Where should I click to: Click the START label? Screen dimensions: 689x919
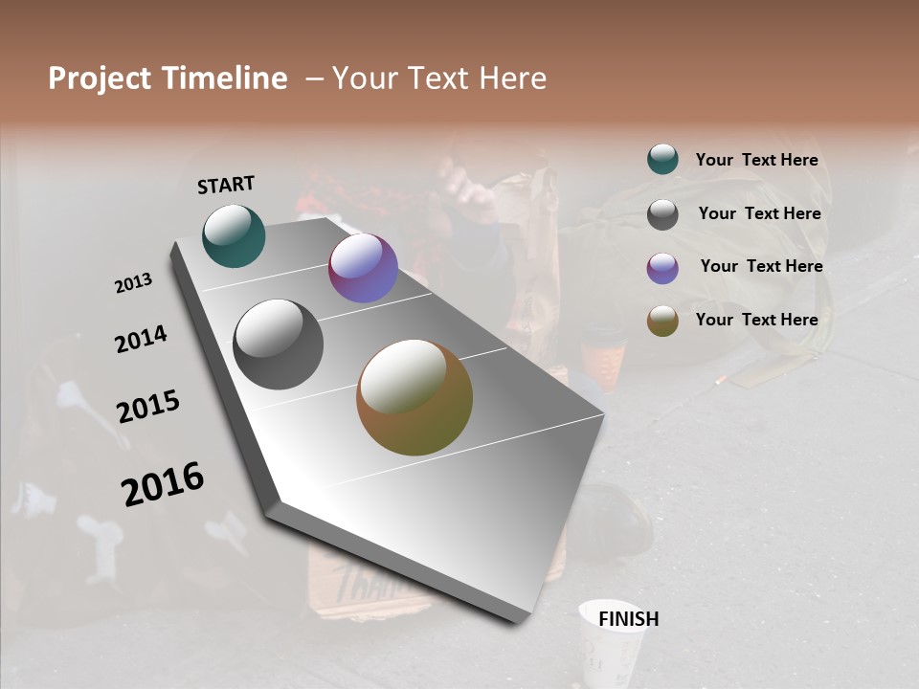tap(226, 185)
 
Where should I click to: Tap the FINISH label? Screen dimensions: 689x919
tap(628, 619)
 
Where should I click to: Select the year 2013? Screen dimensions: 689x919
tap(133, 283)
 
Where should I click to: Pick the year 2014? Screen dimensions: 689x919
tap(141, 339)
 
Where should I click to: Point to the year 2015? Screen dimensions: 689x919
tap(148, 407)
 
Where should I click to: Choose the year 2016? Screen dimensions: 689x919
tap(163, 484)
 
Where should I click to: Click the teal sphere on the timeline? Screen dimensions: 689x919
tap(234, 235)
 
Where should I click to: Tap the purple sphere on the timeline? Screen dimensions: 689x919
tap(363, 268)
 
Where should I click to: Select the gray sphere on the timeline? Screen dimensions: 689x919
tap(278, 344)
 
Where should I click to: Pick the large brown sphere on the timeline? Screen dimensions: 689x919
tap(415, 397)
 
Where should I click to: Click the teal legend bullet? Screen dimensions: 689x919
tap(662, 160)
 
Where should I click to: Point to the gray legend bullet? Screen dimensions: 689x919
tap(662, 214)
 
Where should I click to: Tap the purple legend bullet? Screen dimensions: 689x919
tap(662, 268)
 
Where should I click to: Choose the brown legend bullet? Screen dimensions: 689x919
tap(662, 321)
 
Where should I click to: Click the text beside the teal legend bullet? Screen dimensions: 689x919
tap(756, 160)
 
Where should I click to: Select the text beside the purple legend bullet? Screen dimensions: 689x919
tap(761, 266)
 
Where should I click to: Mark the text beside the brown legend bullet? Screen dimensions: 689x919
tap(756, 320)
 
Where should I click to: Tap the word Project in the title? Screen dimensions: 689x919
tap(99, 78)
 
